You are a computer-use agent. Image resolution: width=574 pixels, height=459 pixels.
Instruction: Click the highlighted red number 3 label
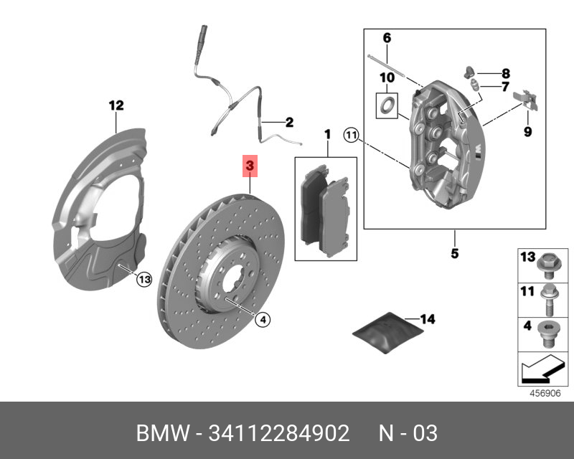[x=250, y=166]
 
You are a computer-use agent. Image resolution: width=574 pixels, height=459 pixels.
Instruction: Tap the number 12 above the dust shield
[x=116, y=105]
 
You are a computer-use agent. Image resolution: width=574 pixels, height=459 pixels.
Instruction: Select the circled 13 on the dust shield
[x=144, y=279]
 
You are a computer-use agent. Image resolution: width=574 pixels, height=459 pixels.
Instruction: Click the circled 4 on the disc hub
[x=263, y=320]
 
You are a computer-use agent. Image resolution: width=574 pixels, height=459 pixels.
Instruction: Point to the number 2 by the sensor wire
[x=290, y=123]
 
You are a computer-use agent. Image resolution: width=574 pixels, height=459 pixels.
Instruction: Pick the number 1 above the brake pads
[x=326, y=134]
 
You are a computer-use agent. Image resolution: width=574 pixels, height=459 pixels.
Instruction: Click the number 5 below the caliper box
[x=455, y=253]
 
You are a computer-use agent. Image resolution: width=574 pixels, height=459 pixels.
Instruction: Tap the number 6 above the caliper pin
[x=386, y=37]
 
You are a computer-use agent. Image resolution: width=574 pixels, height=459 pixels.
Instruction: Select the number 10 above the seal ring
[x=387, y=77]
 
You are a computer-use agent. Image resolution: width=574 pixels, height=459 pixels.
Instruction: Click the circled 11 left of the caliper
[x=351, y=133]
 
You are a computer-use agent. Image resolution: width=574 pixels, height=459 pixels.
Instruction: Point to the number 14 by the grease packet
[x=428, y=318]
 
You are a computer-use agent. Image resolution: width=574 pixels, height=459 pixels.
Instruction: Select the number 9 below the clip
[x=527, y=131]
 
